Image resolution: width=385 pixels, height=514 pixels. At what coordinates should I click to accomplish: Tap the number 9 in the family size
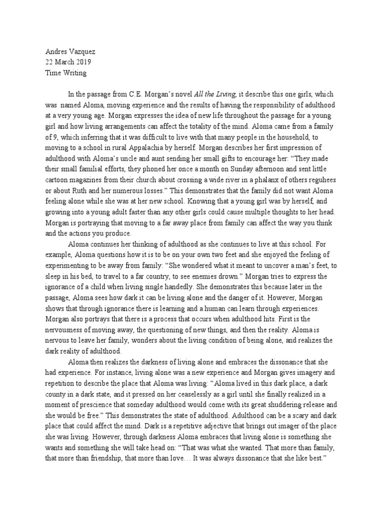click(x=48, y=137)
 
